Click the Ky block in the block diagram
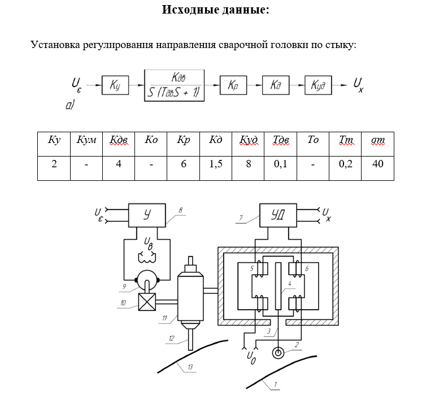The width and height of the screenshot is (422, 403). (x=115, y=85)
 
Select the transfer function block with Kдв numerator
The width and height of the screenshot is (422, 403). (x=175, y=85)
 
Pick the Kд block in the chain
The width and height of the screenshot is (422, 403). (x=276, y=85)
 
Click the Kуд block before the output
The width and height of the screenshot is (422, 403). (x=319, y=85)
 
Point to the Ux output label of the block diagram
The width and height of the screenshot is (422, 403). (x=358, y=85)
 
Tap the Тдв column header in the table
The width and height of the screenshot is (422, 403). (x=280, y=140)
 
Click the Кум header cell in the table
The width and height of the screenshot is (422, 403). (x=86, y=140)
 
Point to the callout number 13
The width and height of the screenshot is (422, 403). (x=190, y=368)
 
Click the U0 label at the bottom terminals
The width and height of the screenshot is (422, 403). (x=252, y=357)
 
